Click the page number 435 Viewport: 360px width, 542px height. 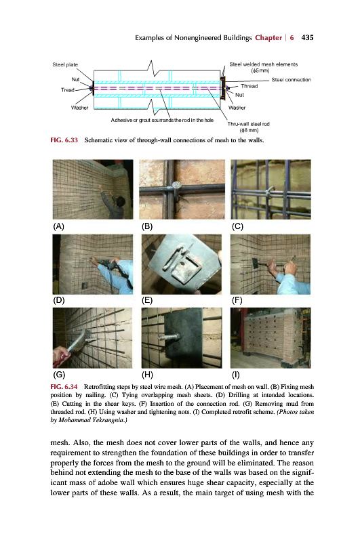click(307, 38)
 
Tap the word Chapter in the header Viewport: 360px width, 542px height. click(268, 38)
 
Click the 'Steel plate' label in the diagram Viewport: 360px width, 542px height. click(65, 64)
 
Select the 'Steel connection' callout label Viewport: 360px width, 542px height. click(291, 80)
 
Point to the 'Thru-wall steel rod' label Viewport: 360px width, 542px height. click(248, 124)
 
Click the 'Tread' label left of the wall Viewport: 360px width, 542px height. click(68, 90)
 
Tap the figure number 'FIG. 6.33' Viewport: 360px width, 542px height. click(64, 140)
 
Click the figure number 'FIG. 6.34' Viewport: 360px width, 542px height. click(64, 386)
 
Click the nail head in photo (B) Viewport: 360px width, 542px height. click(176, 185)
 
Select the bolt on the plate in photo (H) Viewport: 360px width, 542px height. click(169, 335)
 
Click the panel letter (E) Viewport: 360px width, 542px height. click(147, 300)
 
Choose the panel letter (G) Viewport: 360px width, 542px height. click(59, 375)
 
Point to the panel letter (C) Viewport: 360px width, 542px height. click(237, 226)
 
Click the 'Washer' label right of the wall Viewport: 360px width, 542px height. click(237, 108)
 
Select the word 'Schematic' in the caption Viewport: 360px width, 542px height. click(98, 140)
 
